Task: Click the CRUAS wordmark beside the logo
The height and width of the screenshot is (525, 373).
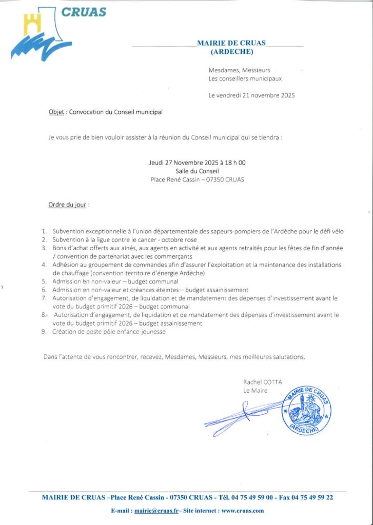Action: tap(84, 11)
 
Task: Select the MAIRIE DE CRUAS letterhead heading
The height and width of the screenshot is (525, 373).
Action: tap(231, 44)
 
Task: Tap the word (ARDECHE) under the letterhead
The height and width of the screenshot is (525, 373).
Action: tap(231, 52)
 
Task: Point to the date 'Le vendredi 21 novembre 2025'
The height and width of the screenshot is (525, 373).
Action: tap(251, 95)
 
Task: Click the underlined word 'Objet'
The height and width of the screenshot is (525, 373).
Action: tap(56, 111)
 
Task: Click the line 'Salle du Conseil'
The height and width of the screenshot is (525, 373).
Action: tap(197, 171)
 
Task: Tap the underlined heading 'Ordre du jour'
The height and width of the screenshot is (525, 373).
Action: tap(68, 205)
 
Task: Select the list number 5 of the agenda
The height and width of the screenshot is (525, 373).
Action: tap(44, 281)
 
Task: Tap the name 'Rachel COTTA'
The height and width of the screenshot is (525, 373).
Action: tap(263, 381)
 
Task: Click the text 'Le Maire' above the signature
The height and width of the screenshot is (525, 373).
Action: tap(256, 390)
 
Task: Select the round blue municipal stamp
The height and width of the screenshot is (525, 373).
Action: tap(306, 410)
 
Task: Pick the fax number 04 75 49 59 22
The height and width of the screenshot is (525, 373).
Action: tap(315, 497)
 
